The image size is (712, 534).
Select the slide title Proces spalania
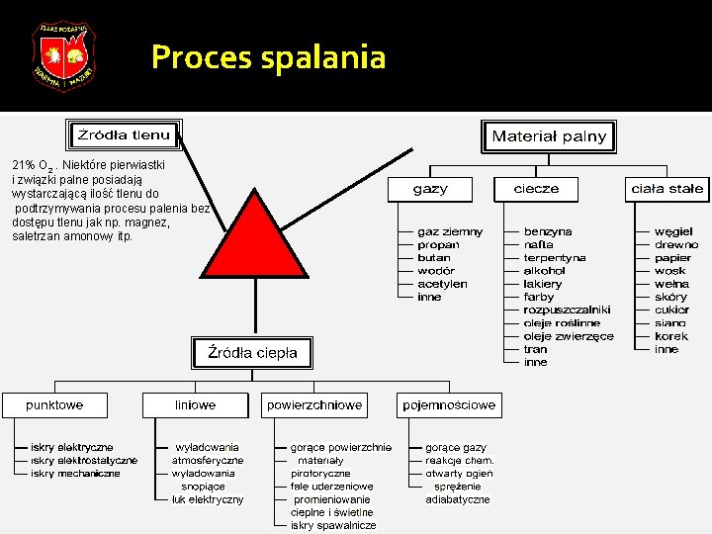tap(268, 57)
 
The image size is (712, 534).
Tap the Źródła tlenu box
tap(124, 135)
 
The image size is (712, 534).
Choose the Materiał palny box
tap(549, 136)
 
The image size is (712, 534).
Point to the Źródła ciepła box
tap(251, 352)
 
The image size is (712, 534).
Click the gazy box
tap(430, 189)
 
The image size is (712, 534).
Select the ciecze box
tap(536, 189)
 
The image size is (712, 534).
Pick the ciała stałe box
tap(667, 189)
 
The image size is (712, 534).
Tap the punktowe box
tap(54, 405)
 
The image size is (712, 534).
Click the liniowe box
tap(196, 405)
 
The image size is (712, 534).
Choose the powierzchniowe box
tap(314, 405)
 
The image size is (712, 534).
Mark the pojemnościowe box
tap(449, 405)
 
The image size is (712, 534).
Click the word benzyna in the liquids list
tap(547, 231)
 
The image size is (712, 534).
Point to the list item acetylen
tap(442, 284)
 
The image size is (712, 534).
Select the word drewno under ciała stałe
tap(675, 244)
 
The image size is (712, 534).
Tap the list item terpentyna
tap(555, 257)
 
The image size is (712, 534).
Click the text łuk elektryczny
tap(208, 499)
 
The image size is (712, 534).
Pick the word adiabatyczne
tap(458, 499)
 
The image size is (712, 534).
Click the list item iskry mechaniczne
tap(75, 474)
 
